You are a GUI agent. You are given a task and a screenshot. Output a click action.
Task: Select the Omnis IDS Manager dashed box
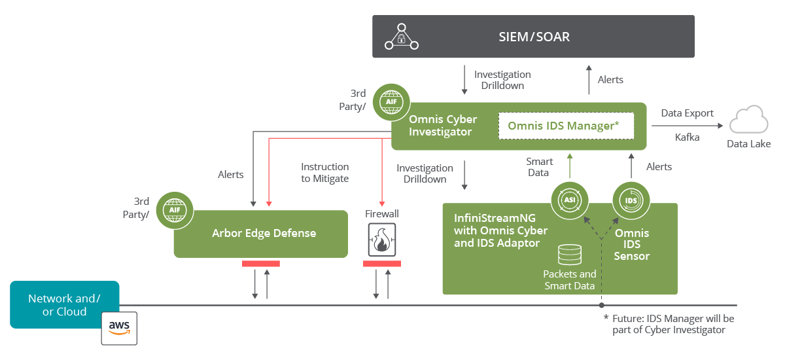pyautogui.click(x=566, y=125)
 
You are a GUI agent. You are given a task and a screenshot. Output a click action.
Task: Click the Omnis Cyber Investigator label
pyautogui.click(x=443, y=126)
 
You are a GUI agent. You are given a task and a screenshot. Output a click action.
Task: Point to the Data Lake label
pyautogui.click(x=748, y=144)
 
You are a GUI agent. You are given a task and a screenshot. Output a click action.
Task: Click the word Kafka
pyautogui.click(x=687, y=137)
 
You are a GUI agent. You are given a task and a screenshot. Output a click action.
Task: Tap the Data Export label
pyautogui.click(x=687, y=113)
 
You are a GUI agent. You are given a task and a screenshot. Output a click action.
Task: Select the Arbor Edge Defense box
pyautogui.click(x=260, y=234)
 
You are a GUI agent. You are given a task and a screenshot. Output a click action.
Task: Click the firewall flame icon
pyautogui.click(x=381, y=240)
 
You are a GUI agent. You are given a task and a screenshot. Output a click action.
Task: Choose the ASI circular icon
pyautogui.click(x=569, y=200)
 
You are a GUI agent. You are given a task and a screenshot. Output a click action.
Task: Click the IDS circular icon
pyautogui.click(x=631, y=200)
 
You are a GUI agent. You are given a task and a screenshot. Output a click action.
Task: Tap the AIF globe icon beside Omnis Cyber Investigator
pyautogui.click(x=391, y=103)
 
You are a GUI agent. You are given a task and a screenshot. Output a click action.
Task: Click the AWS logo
pyautogui.click(x=120, y=327)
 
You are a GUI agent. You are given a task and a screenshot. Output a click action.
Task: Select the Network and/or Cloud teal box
pyautogui.click(x=64, y=304)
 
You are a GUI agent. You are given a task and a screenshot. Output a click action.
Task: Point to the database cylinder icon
pyautogui.click(x=569, y=255)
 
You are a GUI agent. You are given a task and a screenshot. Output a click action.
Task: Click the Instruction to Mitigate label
pyautogui.click(x=324, y=173)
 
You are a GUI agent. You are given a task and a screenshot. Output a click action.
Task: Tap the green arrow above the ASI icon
pyautogui.click(x=569, y=166)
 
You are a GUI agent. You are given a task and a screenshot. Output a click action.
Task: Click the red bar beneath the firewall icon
pyautogui.click(x=381, y=263)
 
